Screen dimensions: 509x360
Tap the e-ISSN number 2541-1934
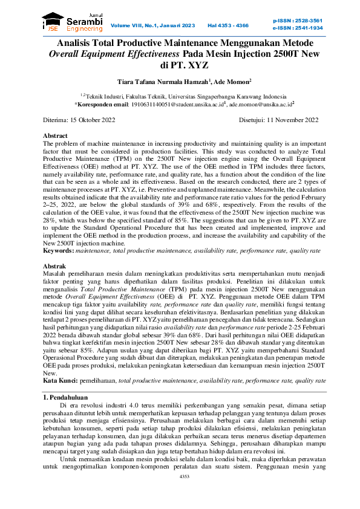pos(306,28)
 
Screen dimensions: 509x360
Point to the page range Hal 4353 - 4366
pos(228,25)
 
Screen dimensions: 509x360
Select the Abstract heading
pos(55,135)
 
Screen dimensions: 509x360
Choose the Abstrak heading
pos(54,266)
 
